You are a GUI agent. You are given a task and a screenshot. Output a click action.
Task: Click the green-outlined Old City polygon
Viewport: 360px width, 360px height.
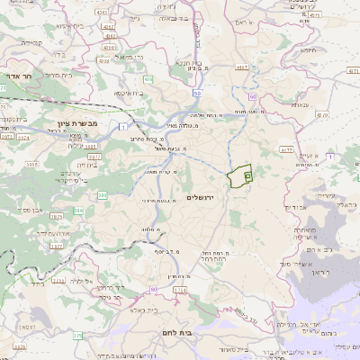(239, 176)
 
